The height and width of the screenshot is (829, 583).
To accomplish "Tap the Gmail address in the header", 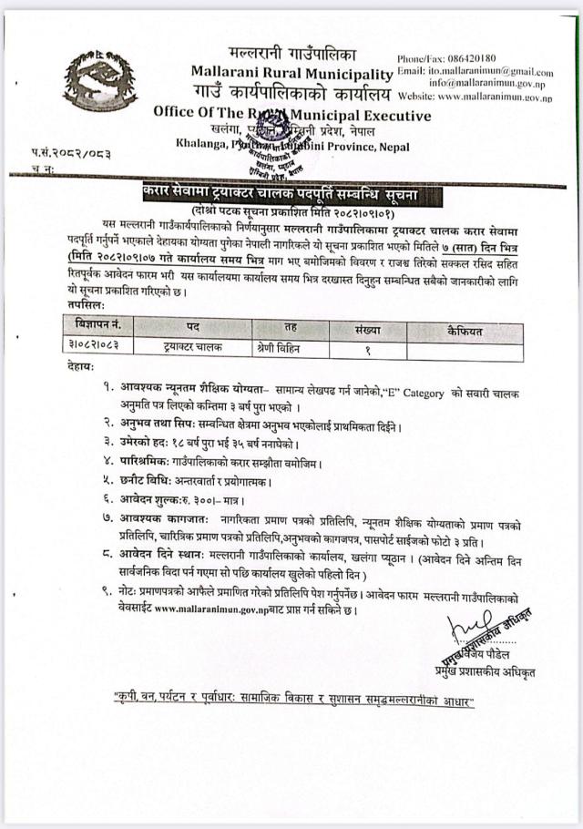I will [490, 71].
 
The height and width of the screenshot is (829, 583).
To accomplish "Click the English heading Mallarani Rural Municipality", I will [291, 73].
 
